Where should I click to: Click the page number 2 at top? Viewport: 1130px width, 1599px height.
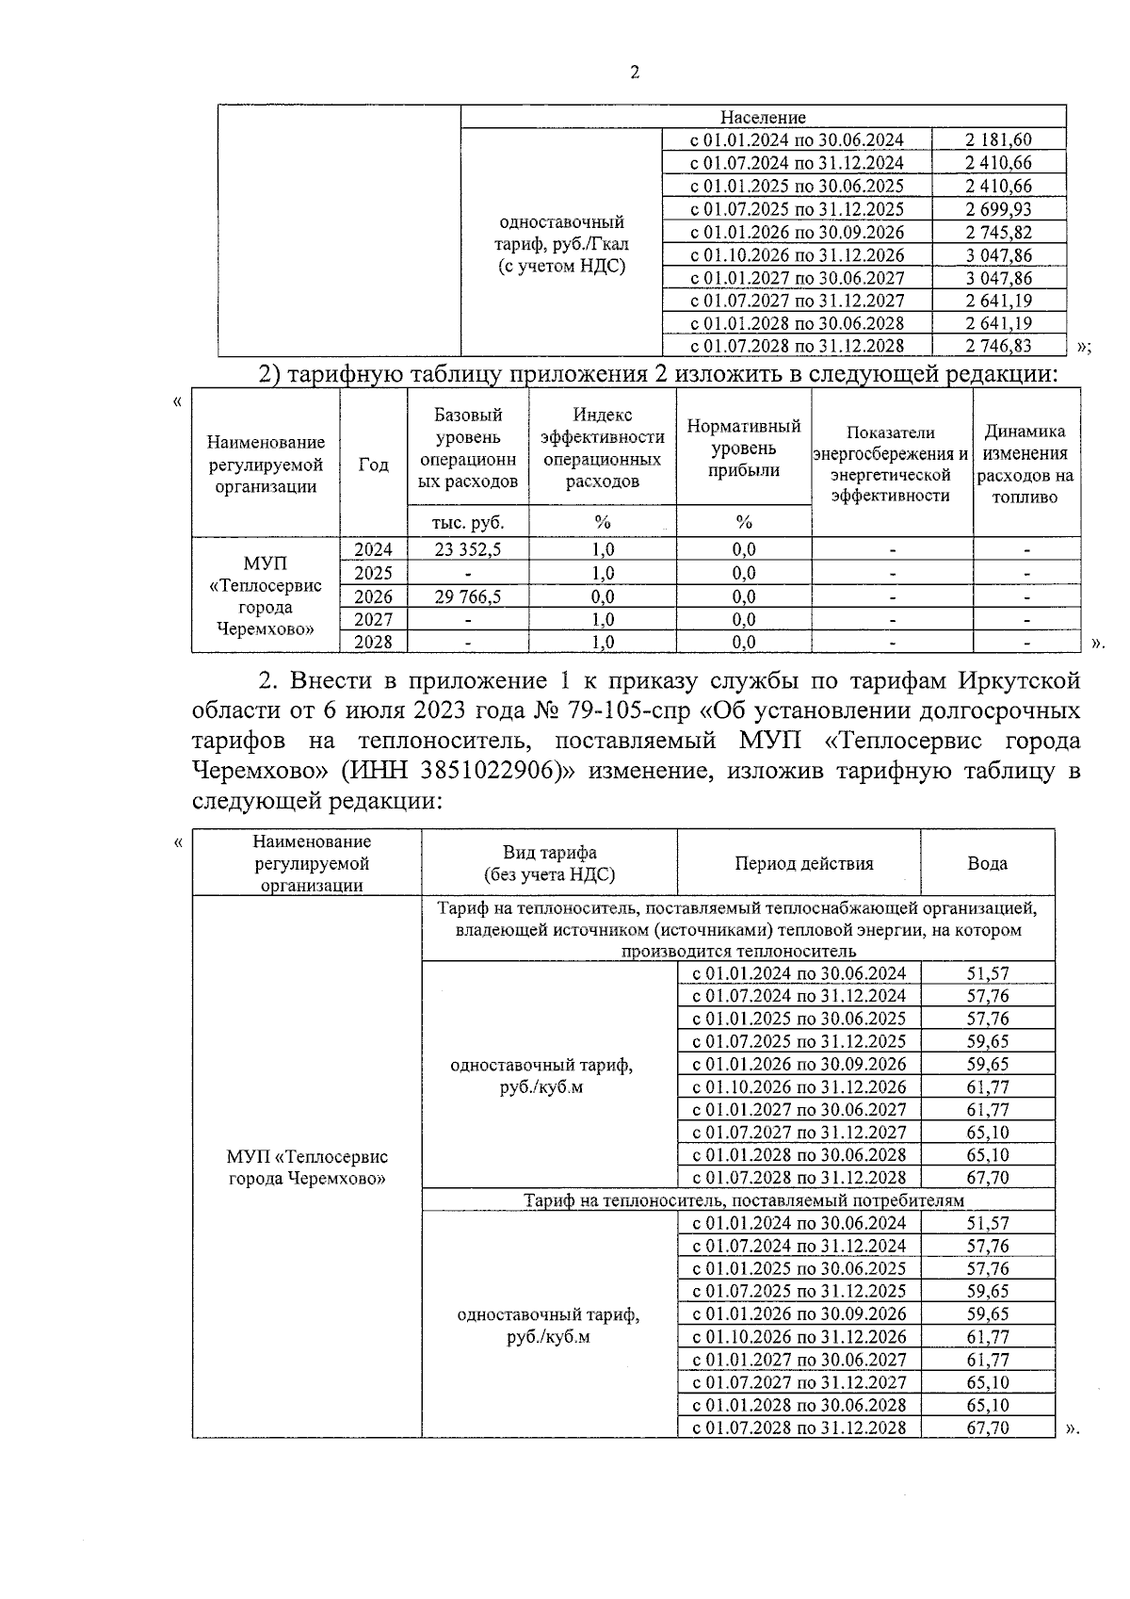tap(634, 73)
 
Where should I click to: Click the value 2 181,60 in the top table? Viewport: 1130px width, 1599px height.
tap(998, 140)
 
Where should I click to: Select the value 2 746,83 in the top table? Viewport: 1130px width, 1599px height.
tap(998, 347)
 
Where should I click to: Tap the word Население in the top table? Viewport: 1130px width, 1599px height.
tap(763, 118)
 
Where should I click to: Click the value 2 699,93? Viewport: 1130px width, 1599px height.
tap(998, 209)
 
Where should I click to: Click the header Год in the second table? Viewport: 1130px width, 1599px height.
tap(373, 465)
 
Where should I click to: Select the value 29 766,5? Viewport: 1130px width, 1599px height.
tap(467, 596)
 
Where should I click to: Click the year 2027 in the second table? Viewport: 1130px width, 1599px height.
tap(373, 619)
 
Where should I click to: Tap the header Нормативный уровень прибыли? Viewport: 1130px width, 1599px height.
tap(743, 449)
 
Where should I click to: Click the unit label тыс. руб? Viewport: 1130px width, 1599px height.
tap(467, 522)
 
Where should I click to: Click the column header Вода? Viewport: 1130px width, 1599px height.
tap(987, 863)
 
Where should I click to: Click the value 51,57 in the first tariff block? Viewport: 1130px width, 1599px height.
tap(987, 973)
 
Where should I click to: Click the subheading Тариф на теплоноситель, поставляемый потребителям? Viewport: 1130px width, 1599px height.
tap(744, 1200)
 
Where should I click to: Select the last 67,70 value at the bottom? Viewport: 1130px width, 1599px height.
tap(987, 1428)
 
